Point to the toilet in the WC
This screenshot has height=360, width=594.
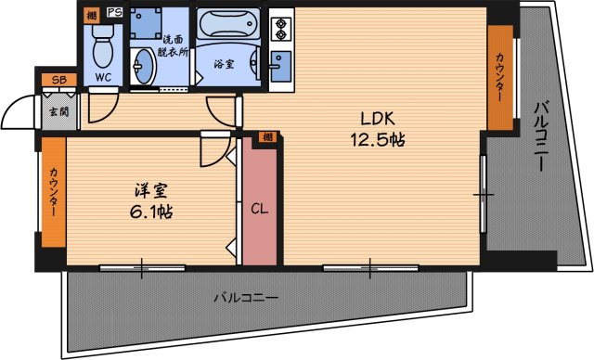coord(102,42)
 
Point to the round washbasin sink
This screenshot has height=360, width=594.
coord(144,66)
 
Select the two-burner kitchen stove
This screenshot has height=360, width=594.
coord(280,28)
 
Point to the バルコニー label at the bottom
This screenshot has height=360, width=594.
coord(246,299)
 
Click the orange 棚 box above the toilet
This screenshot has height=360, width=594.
coord(90,14)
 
